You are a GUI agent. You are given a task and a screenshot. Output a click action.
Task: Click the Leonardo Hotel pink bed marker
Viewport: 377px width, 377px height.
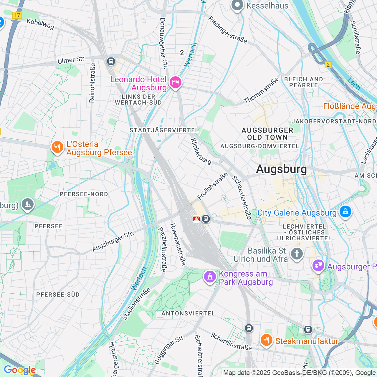pos(175,82)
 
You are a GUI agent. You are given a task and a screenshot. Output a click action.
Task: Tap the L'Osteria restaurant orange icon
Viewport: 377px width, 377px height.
pos(57,147)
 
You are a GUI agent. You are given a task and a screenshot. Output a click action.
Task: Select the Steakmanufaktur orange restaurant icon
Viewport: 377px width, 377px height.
pos(266,340)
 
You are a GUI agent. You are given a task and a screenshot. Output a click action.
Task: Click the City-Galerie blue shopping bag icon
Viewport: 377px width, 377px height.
pos(345,212)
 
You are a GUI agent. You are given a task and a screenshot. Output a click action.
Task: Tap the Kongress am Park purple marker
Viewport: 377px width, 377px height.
pos(210,277)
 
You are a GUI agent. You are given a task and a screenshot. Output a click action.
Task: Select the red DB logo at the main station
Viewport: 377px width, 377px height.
pos(196,219)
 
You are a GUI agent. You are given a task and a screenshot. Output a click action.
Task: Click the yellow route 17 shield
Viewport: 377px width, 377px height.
pos(17,15)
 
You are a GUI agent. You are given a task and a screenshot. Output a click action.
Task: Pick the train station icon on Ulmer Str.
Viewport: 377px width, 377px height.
pos(111,61)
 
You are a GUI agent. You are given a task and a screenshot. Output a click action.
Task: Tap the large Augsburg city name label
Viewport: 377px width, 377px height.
pos(281,169)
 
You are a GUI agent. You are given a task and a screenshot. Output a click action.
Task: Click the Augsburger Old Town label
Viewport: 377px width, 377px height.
pos(267,134)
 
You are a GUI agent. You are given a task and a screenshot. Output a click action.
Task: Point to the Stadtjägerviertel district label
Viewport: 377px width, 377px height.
pos(164,130)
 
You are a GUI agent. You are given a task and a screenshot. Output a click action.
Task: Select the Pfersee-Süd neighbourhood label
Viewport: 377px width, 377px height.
pos(58,295)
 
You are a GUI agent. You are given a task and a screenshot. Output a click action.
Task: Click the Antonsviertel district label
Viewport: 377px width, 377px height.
pos(188,313)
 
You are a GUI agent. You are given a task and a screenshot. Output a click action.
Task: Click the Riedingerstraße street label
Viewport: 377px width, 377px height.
pos(228,30)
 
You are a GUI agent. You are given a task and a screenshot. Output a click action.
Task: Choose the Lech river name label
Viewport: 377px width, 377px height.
pos(353,84)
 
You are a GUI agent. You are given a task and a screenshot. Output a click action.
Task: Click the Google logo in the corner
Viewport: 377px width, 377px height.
pos(20,370)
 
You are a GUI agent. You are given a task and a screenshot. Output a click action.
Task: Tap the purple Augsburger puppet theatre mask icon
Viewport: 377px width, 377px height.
pos(318,266)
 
